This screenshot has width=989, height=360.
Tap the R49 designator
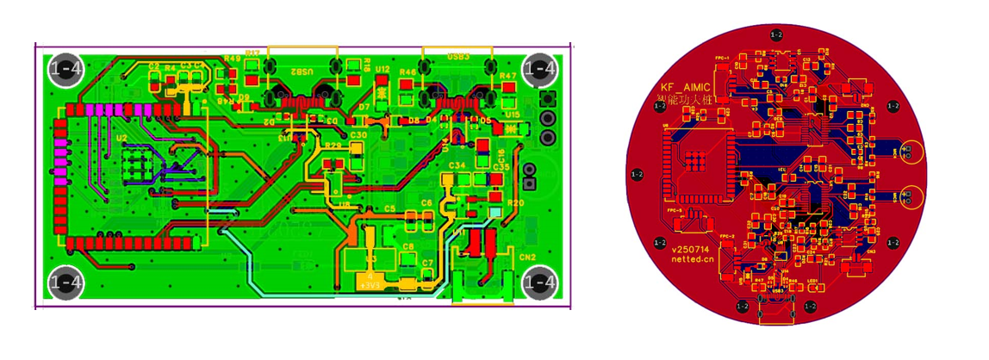[232, 59]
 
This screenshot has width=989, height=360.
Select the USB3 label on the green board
[458, 56]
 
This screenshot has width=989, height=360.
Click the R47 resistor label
[508, 76]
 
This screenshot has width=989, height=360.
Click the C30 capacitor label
[358, 135]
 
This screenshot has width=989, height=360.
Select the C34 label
[457, 164]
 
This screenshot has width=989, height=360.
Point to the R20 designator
[515, 203]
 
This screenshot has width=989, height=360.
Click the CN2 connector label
[526, 257]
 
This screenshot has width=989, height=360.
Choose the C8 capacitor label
[408, 246]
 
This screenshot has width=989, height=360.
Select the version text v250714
[692, 246]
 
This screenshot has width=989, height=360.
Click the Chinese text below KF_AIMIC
[685, 101]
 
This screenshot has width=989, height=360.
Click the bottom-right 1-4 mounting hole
[540, 282]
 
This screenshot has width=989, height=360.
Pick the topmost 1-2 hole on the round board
[776, 34]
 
